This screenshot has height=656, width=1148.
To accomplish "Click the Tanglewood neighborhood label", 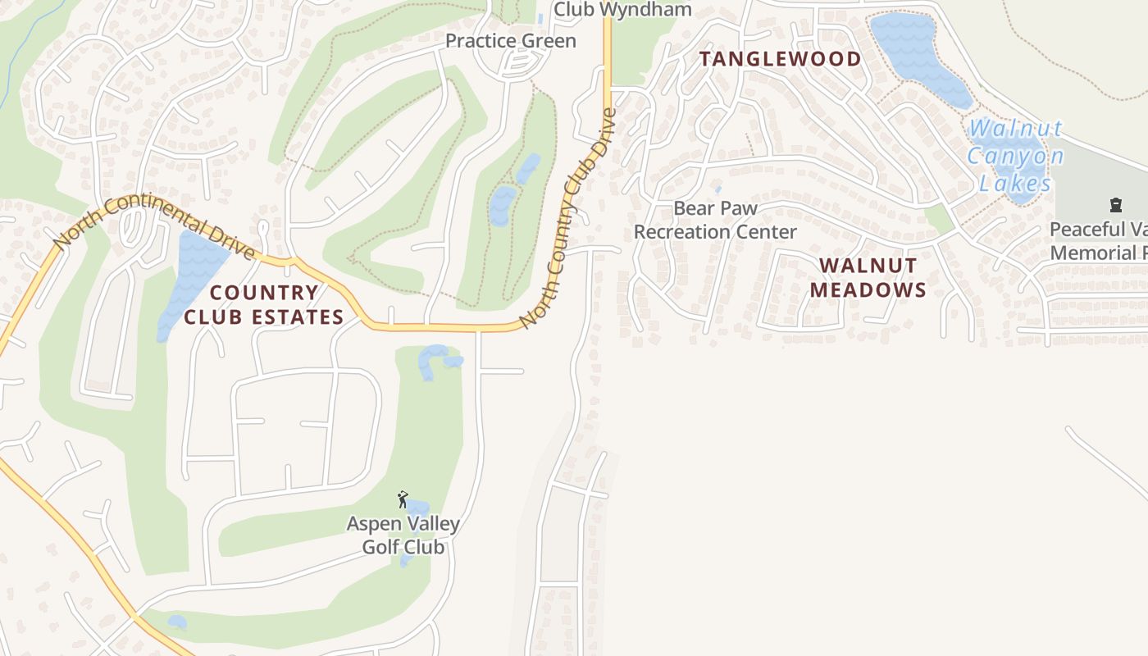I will point(780,59).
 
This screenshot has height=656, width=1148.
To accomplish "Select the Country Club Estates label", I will point(263,304).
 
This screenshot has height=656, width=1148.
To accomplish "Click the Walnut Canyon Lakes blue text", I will point(1015,156).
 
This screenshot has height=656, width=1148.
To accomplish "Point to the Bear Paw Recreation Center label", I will point(715,220).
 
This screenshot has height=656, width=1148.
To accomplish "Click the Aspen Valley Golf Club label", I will point(403,535).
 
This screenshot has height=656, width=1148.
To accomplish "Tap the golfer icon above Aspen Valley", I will point(402,499).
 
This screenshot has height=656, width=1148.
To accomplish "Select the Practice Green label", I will point(510,41).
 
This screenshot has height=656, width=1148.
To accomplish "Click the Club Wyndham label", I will point(622,10).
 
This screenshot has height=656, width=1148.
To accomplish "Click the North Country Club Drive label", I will point(567,218).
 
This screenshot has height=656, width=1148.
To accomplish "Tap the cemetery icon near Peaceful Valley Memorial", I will point(1115,204).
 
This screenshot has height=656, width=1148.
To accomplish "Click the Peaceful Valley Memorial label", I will point(1099,241).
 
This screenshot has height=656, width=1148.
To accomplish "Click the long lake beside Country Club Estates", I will point(190,275).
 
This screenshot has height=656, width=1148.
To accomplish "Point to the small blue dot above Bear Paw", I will point(718,189).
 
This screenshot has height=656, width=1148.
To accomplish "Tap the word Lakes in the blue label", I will point(1015,183).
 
